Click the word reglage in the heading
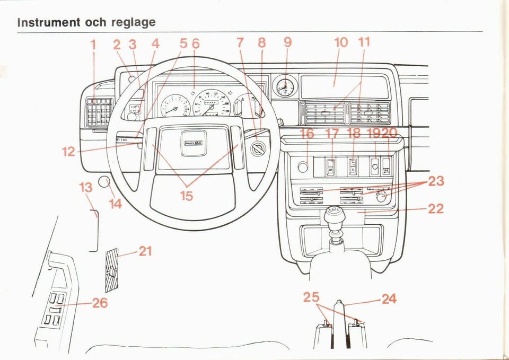133,23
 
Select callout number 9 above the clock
287,42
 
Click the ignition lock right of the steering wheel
258,150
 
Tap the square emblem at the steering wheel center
196,144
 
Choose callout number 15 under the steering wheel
186,196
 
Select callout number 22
435,208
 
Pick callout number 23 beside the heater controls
436,182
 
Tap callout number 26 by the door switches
100,303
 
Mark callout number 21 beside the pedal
145,251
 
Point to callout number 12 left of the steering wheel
68,152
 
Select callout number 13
86,187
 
